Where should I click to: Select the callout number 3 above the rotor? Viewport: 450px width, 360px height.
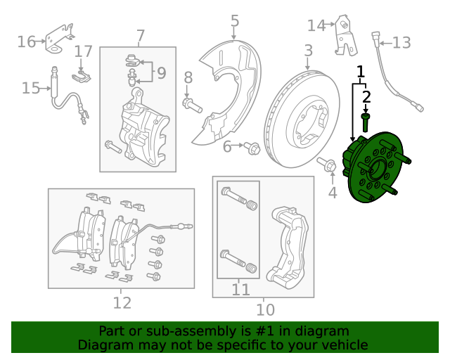pos(308,51)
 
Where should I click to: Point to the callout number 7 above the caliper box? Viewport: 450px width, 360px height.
pos(140,35)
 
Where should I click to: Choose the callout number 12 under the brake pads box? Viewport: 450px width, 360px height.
pos(122,303)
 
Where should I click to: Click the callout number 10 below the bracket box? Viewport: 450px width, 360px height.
pos(264,309)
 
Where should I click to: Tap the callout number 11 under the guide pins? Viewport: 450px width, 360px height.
pos(240,289)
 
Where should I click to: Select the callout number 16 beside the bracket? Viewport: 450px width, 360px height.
pos(26,42)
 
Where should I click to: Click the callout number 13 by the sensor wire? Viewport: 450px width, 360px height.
pos(401,44)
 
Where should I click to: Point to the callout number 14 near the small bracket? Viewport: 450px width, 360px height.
pos(316,26)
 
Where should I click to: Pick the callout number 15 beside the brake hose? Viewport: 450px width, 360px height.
pos(30,88)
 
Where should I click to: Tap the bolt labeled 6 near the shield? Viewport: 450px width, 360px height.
pos(253,148)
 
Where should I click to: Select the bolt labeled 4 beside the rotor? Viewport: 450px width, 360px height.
pos(327,166)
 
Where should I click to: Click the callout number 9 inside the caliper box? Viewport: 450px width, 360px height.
pos(161,72)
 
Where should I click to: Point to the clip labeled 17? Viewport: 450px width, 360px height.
pos(82,70)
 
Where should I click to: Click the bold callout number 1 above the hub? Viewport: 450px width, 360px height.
pos(361,71)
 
